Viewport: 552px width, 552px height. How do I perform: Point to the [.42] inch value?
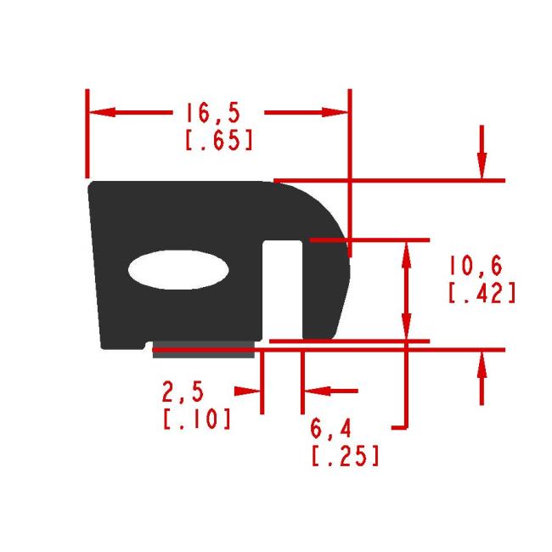pos(482,292)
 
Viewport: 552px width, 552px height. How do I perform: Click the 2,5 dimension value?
pos(183,392)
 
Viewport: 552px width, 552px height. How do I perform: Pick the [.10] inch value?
pos(195,418)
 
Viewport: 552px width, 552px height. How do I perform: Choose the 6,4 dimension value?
pos(335,430)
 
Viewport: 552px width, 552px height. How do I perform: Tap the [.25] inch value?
pos(345,455)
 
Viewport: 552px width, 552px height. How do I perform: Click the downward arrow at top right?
pos(482,166)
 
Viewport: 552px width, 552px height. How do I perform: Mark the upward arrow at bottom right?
pos(482,363)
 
